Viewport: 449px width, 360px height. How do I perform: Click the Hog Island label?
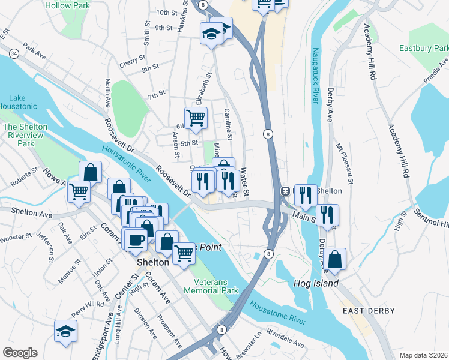click(316, 283)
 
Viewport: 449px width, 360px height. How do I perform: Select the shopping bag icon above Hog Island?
click(337, 259)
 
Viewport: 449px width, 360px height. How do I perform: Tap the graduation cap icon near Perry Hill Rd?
click(66, 330)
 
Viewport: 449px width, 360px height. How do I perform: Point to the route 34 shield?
click(13, 55)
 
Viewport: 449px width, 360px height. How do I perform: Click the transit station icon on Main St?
click(286, 191)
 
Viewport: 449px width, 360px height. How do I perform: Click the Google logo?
click(20, 352)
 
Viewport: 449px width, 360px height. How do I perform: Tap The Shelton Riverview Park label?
click(26, 135)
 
